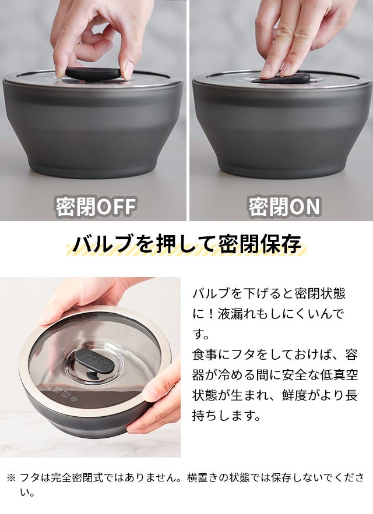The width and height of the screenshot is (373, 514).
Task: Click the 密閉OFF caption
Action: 95,207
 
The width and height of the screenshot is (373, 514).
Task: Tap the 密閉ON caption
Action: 284,207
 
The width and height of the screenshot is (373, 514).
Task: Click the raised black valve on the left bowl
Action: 94,72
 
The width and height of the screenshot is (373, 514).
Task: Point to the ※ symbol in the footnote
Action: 11,477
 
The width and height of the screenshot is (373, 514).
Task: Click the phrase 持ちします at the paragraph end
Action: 226,416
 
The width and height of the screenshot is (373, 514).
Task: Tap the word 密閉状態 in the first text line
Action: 320,293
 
